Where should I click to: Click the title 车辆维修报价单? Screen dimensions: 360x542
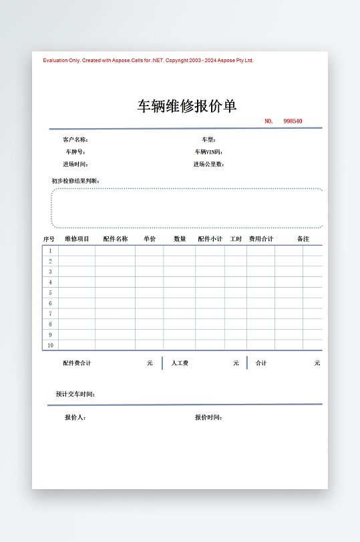[187, 106]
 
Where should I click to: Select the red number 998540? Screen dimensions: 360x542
[293, 121]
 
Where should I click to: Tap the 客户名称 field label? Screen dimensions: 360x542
[75, 140]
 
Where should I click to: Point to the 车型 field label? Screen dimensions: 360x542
[208, 140]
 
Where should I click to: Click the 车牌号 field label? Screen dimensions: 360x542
[75, 152]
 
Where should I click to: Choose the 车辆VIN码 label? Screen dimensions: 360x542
[208, 152]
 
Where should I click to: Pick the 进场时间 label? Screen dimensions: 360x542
[75, 164]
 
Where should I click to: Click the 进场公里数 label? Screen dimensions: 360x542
[208, 164]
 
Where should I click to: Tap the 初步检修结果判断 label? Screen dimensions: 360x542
[75, 181]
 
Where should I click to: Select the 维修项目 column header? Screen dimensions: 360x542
[77, 239]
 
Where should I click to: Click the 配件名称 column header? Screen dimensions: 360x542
[116, 239]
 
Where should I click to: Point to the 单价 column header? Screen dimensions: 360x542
[150, 239]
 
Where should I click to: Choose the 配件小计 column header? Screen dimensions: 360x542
[210, 239]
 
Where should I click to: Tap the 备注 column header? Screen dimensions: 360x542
[303, 239]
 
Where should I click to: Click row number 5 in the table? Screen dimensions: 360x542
[50, 293]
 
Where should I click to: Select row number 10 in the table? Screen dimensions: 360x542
[50, 346]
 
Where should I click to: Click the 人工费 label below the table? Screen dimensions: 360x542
[180, 364]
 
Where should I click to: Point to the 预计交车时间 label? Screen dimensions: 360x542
[75, 394]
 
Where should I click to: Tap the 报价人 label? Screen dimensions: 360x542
[75, 418]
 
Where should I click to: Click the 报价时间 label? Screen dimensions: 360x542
[208, 418]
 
